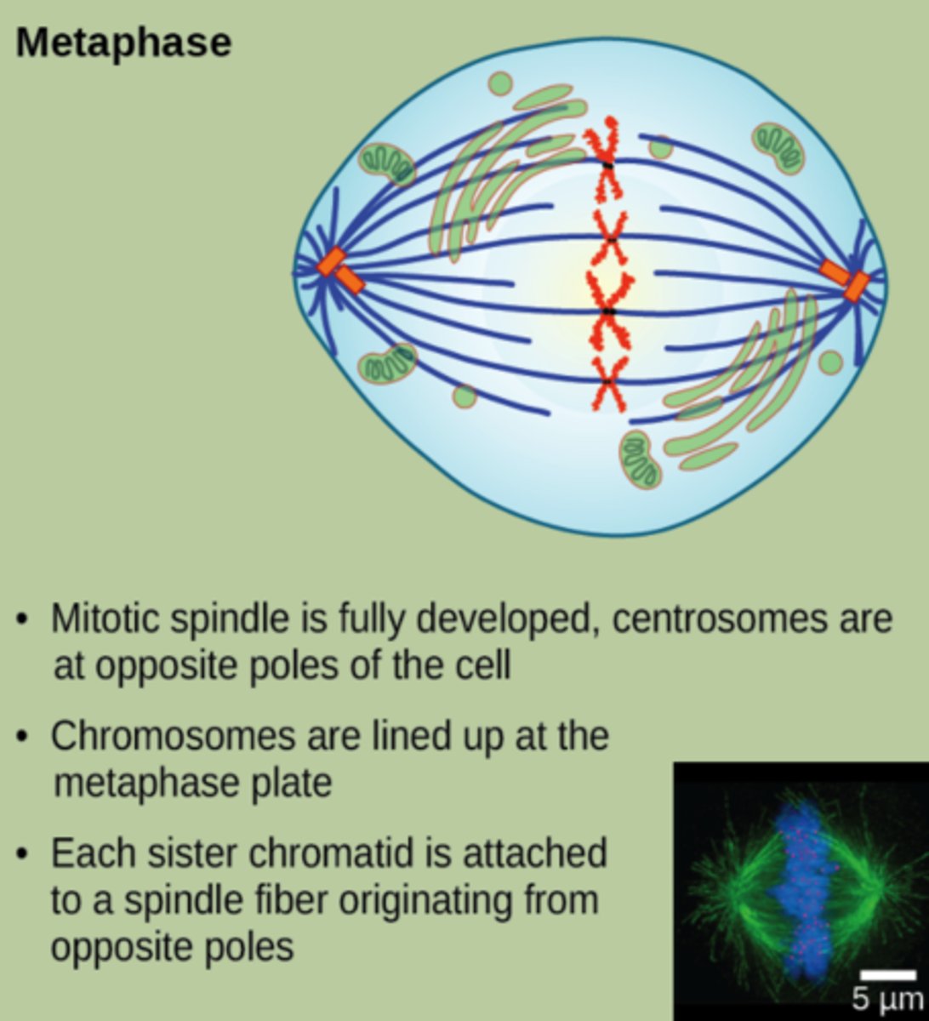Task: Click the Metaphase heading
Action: click(x=123, y=43)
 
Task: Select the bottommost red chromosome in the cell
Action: click(x=609, y=383)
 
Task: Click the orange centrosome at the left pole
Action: click(x=340, y=270)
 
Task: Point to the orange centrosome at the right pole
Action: click(x=846, y=279)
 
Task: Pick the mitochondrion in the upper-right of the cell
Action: click(x=778, y=146)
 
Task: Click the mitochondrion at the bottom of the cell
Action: click(x=641, y=460)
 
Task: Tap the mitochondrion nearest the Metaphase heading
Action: click(x=386, y=163)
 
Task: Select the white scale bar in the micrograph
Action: click(x=888, y=975)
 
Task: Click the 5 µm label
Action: click(x=887, y=998)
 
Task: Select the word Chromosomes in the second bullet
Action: click(x=173, y=737)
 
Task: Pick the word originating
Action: click(x=425, y=902)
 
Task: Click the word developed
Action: click(x=508, y=621)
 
